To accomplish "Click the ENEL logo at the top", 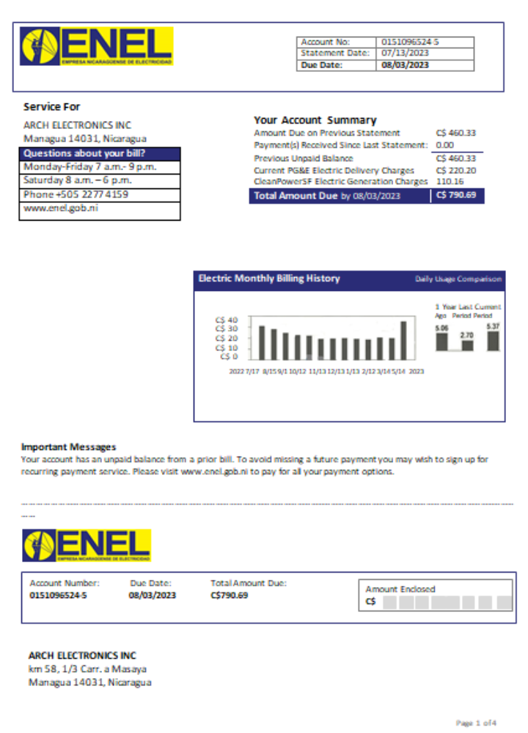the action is point(97,46).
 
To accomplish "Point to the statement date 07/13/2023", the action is point(405,53).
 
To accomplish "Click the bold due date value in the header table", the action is point(405,65).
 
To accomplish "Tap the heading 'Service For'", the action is point(51,107).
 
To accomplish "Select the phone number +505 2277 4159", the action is point(76,194).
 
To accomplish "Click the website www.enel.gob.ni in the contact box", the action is point(61,207).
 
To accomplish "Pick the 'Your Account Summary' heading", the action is point(315,120).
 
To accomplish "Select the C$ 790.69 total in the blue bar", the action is point(455,196).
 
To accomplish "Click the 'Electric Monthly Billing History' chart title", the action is point(269,279).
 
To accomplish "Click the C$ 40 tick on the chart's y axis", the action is point(227,320).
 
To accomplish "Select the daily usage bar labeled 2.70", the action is point(466,346).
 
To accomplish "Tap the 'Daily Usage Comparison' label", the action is point(458,279).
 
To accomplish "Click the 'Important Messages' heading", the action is point(68,446).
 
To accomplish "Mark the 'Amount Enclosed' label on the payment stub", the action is point(400,589).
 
